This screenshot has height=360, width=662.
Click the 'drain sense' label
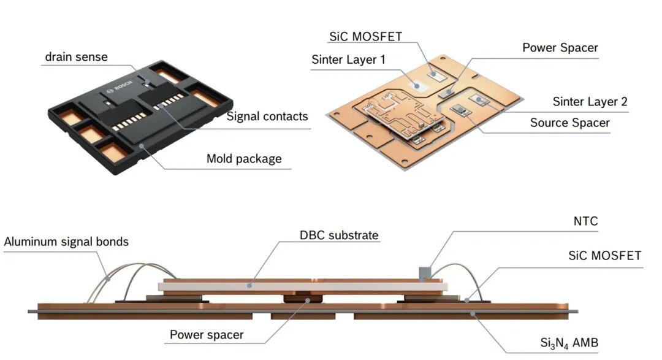coord(76,57)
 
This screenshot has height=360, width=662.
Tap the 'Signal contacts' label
coord(267,117)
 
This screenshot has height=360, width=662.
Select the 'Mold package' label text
coord(244,159)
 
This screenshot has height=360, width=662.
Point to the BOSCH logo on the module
coord(120,86)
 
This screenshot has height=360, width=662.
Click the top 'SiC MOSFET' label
coord(365,37)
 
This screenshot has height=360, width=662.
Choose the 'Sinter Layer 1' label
coord(349,59)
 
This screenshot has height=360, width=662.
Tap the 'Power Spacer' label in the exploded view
coord(560,48)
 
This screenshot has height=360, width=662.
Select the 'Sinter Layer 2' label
coord(590,102)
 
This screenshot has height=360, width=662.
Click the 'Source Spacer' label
coord(570,123)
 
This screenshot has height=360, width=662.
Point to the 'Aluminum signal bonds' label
coord(66,242)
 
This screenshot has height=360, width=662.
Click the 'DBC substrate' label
coord(339,236)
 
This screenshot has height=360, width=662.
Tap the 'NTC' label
coord(585,221)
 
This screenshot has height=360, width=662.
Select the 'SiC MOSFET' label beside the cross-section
coord(604,256)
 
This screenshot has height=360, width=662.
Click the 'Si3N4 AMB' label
coord(569,343)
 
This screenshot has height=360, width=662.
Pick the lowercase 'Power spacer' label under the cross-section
coord(207,335)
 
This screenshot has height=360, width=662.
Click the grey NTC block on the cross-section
coord(424,274)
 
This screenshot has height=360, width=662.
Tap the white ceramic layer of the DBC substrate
coord(303,286)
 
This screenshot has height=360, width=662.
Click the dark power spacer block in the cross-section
coord(303,299)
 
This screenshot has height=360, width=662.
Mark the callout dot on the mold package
coord(142,146)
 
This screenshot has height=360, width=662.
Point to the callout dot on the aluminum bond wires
coord(108,279)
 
